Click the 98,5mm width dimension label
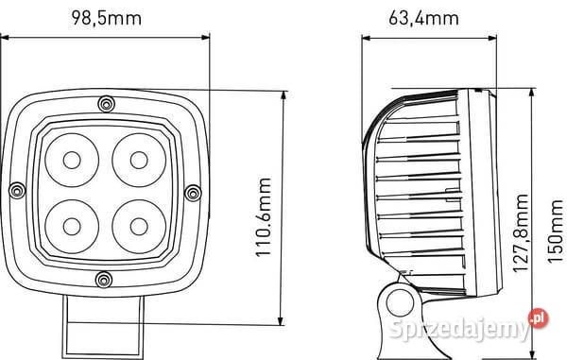point(108,17)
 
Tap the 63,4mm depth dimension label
point(423,17)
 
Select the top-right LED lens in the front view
point(139,158)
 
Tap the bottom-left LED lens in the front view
point(72,226)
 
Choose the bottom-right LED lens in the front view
point(139,226)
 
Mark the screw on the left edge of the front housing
point(18,192)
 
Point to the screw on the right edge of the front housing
point(193,192)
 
